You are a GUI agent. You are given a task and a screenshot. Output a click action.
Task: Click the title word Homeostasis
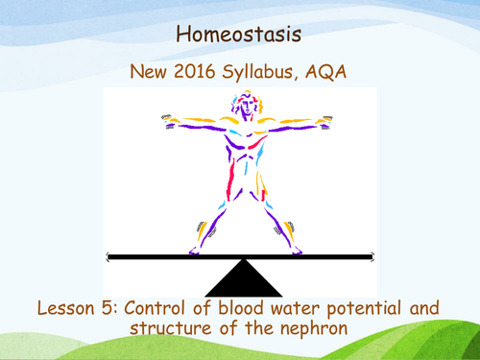[x=239, y=36]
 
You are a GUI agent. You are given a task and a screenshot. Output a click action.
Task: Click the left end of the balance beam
[x=109, y=257]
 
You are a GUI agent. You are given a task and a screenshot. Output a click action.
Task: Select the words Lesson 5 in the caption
[x=70, y=309]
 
